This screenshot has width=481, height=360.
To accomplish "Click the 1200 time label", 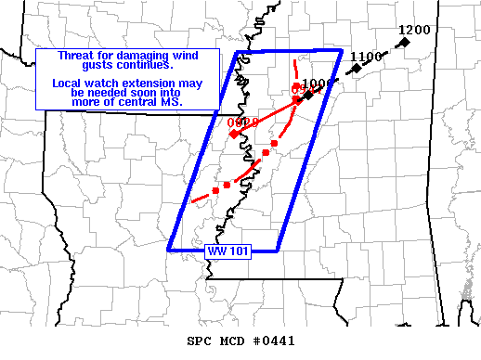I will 414,30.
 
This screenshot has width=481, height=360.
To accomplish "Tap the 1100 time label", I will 368,57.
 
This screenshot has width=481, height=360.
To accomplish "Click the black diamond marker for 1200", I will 405,42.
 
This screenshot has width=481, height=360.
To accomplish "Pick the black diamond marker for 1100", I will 356,69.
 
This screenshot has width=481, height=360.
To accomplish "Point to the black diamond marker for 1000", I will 308,96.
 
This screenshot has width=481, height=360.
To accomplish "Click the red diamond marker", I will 234,135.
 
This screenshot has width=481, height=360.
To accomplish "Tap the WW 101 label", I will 224,251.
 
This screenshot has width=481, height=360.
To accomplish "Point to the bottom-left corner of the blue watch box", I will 169,250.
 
